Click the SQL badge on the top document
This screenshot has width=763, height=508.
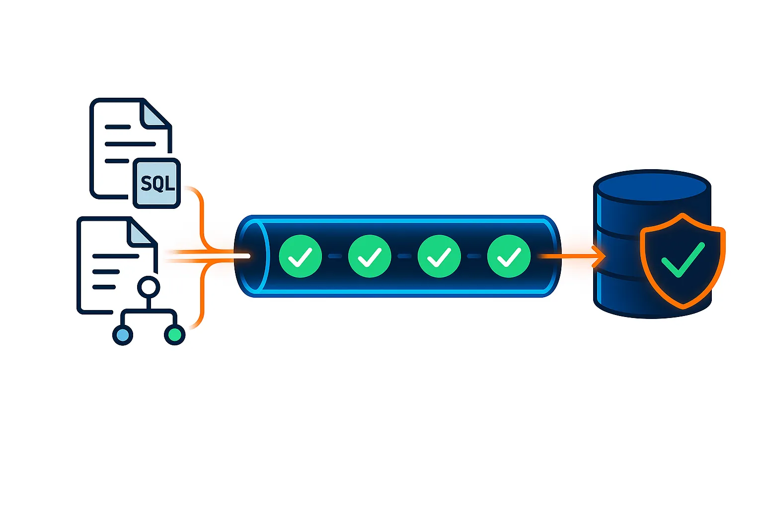(x=157, y=183)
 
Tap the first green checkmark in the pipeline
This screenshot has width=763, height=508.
(x=300, y=256)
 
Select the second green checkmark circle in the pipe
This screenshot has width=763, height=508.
(x=370, y=256)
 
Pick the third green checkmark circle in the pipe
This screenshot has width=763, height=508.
(x=439, y=256)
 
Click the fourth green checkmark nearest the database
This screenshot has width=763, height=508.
(x=509, y=256)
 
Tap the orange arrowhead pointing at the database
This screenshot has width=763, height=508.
(x=600, y=256)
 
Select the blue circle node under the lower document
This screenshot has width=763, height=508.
(x=123, y=335)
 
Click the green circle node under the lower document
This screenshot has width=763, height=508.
(x=175, y=335)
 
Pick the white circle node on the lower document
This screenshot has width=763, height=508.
(x=148, y=287)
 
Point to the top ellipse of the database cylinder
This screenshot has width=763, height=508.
(x=652, y=187)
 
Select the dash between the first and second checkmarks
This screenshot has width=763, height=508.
(x=335, y=256)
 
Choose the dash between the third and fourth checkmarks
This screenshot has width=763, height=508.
(x=474, y=256)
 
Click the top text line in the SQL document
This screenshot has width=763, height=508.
(x=118, y=127)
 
